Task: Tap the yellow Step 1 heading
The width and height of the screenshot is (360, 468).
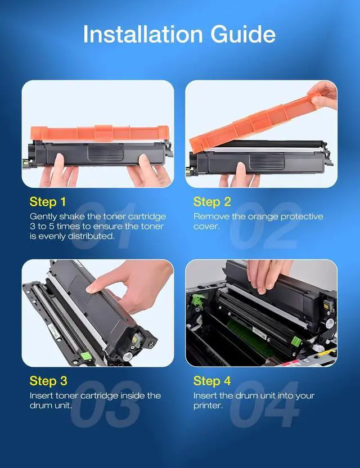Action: click(x=48, y=202)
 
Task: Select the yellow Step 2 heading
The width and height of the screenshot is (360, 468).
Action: click(x=212, y=202)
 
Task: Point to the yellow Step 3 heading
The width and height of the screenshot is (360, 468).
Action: click(x=48, y=381)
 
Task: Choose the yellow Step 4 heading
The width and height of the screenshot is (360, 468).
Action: click(x=212, y=381)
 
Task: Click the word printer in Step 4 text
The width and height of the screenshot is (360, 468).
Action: click(x=208, y=406)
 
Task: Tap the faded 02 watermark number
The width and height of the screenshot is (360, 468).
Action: click(x=265, y=226)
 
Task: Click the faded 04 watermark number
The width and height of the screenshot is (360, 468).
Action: click(x=265, y=404)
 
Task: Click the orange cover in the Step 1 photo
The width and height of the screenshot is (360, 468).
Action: click(x=100, y=133)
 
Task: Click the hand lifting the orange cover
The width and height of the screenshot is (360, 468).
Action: click(x=323, y=95)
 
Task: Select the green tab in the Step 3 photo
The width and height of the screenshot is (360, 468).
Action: click(x=86, y=357)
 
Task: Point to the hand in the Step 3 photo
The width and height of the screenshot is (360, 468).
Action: click(x=130, y=286)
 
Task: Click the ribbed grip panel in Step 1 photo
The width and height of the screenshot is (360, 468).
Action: click(x=105, y=153)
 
